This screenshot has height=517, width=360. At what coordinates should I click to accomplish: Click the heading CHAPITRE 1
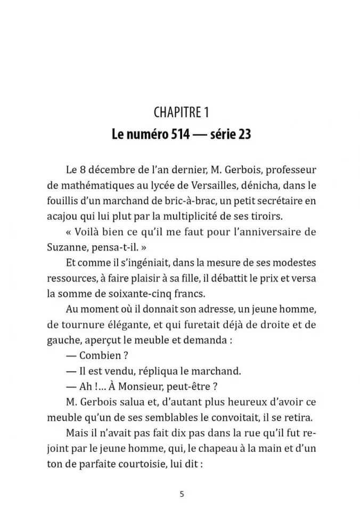click(181, 112)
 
